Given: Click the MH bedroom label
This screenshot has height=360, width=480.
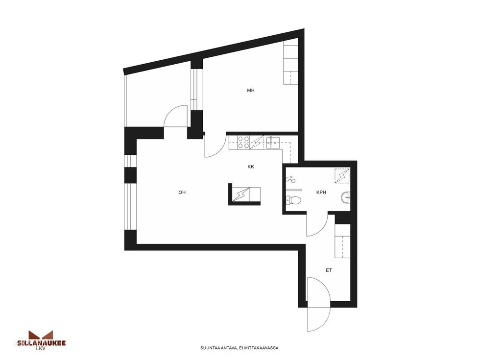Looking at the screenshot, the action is pyautogui.click(x=251, y=90).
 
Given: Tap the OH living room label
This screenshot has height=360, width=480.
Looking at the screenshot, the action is pyautogui.click(x=182, y=192).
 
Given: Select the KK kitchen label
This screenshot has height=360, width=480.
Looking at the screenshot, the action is pyautogui.click(x=251, y=167).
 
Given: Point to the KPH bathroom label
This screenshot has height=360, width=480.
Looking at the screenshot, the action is pyautogui.click(x=321, y=192).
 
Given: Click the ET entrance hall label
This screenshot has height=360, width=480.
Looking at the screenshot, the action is pyautogui.click(x=329, y=270).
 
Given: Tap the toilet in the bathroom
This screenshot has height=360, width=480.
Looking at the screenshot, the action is pyautogui.click(x=293, y=200).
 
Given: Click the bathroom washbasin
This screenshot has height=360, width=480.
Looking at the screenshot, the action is pyautogui.click(x=346, y=198).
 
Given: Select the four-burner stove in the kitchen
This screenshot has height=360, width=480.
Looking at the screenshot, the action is pyautogui.click(x=244, y=143).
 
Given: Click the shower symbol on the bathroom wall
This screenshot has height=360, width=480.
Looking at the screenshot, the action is pyautogui.click(x=290, y=179).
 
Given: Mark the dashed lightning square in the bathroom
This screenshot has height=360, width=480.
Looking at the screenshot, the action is pyautogui.click(x=342, y=176).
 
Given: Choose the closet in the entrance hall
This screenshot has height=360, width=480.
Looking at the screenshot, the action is pyautogui.click(x=342, y=241).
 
